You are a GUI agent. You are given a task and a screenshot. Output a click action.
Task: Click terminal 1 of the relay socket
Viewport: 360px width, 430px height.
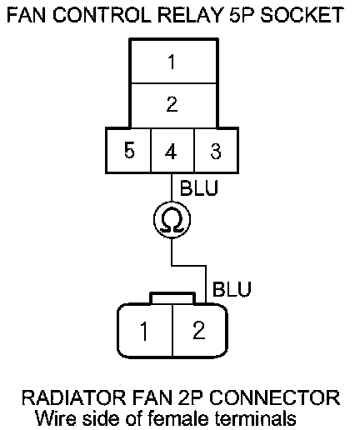click(173, 61)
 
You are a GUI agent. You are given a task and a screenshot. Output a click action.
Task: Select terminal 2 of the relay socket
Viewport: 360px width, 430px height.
click(173, 105)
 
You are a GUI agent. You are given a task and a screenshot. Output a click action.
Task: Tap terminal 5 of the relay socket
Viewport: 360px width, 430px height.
click(129, 151)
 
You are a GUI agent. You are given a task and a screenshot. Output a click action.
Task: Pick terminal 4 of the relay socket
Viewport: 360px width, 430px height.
click(172, 151)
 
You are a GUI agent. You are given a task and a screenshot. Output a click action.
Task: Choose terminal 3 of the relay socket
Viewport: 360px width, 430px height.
click(216, 151)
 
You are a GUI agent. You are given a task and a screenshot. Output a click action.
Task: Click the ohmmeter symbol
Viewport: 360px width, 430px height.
click(172, 219)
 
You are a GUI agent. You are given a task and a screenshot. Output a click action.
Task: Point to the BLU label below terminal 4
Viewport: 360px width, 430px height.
click(199, 188)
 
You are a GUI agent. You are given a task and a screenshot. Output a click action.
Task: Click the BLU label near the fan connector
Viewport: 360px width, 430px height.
click(232, 289)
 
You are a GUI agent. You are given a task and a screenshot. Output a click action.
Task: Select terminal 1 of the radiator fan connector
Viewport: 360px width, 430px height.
click(145, 331)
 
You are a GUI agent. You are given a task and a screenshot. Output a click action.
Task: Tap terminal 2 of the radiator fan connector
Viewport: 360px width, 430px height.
click(199, 331)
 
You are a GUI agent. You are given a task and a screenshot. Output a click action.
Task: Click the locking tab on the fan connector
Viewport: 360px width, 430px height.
click(172, 297)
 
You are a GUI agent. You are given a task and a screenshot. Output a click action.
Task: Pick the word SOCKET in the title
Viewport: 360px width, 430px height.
click(302, 15)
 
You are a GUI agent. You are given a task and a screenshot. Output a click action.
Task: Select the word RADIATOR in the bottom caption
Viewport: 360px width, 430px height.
click(73, 397)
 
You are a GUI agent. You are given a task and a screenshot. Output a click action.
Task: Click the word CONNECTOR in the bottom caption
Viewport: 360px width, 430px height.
click(274, 397)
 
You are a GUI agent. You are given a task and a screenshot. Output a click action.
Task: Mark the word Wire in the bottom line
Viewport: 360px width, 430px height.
click(56, 418)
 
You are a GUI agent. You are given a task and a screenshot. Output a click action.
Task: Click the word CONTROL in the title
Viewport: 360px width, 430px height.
click(102, 15)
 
